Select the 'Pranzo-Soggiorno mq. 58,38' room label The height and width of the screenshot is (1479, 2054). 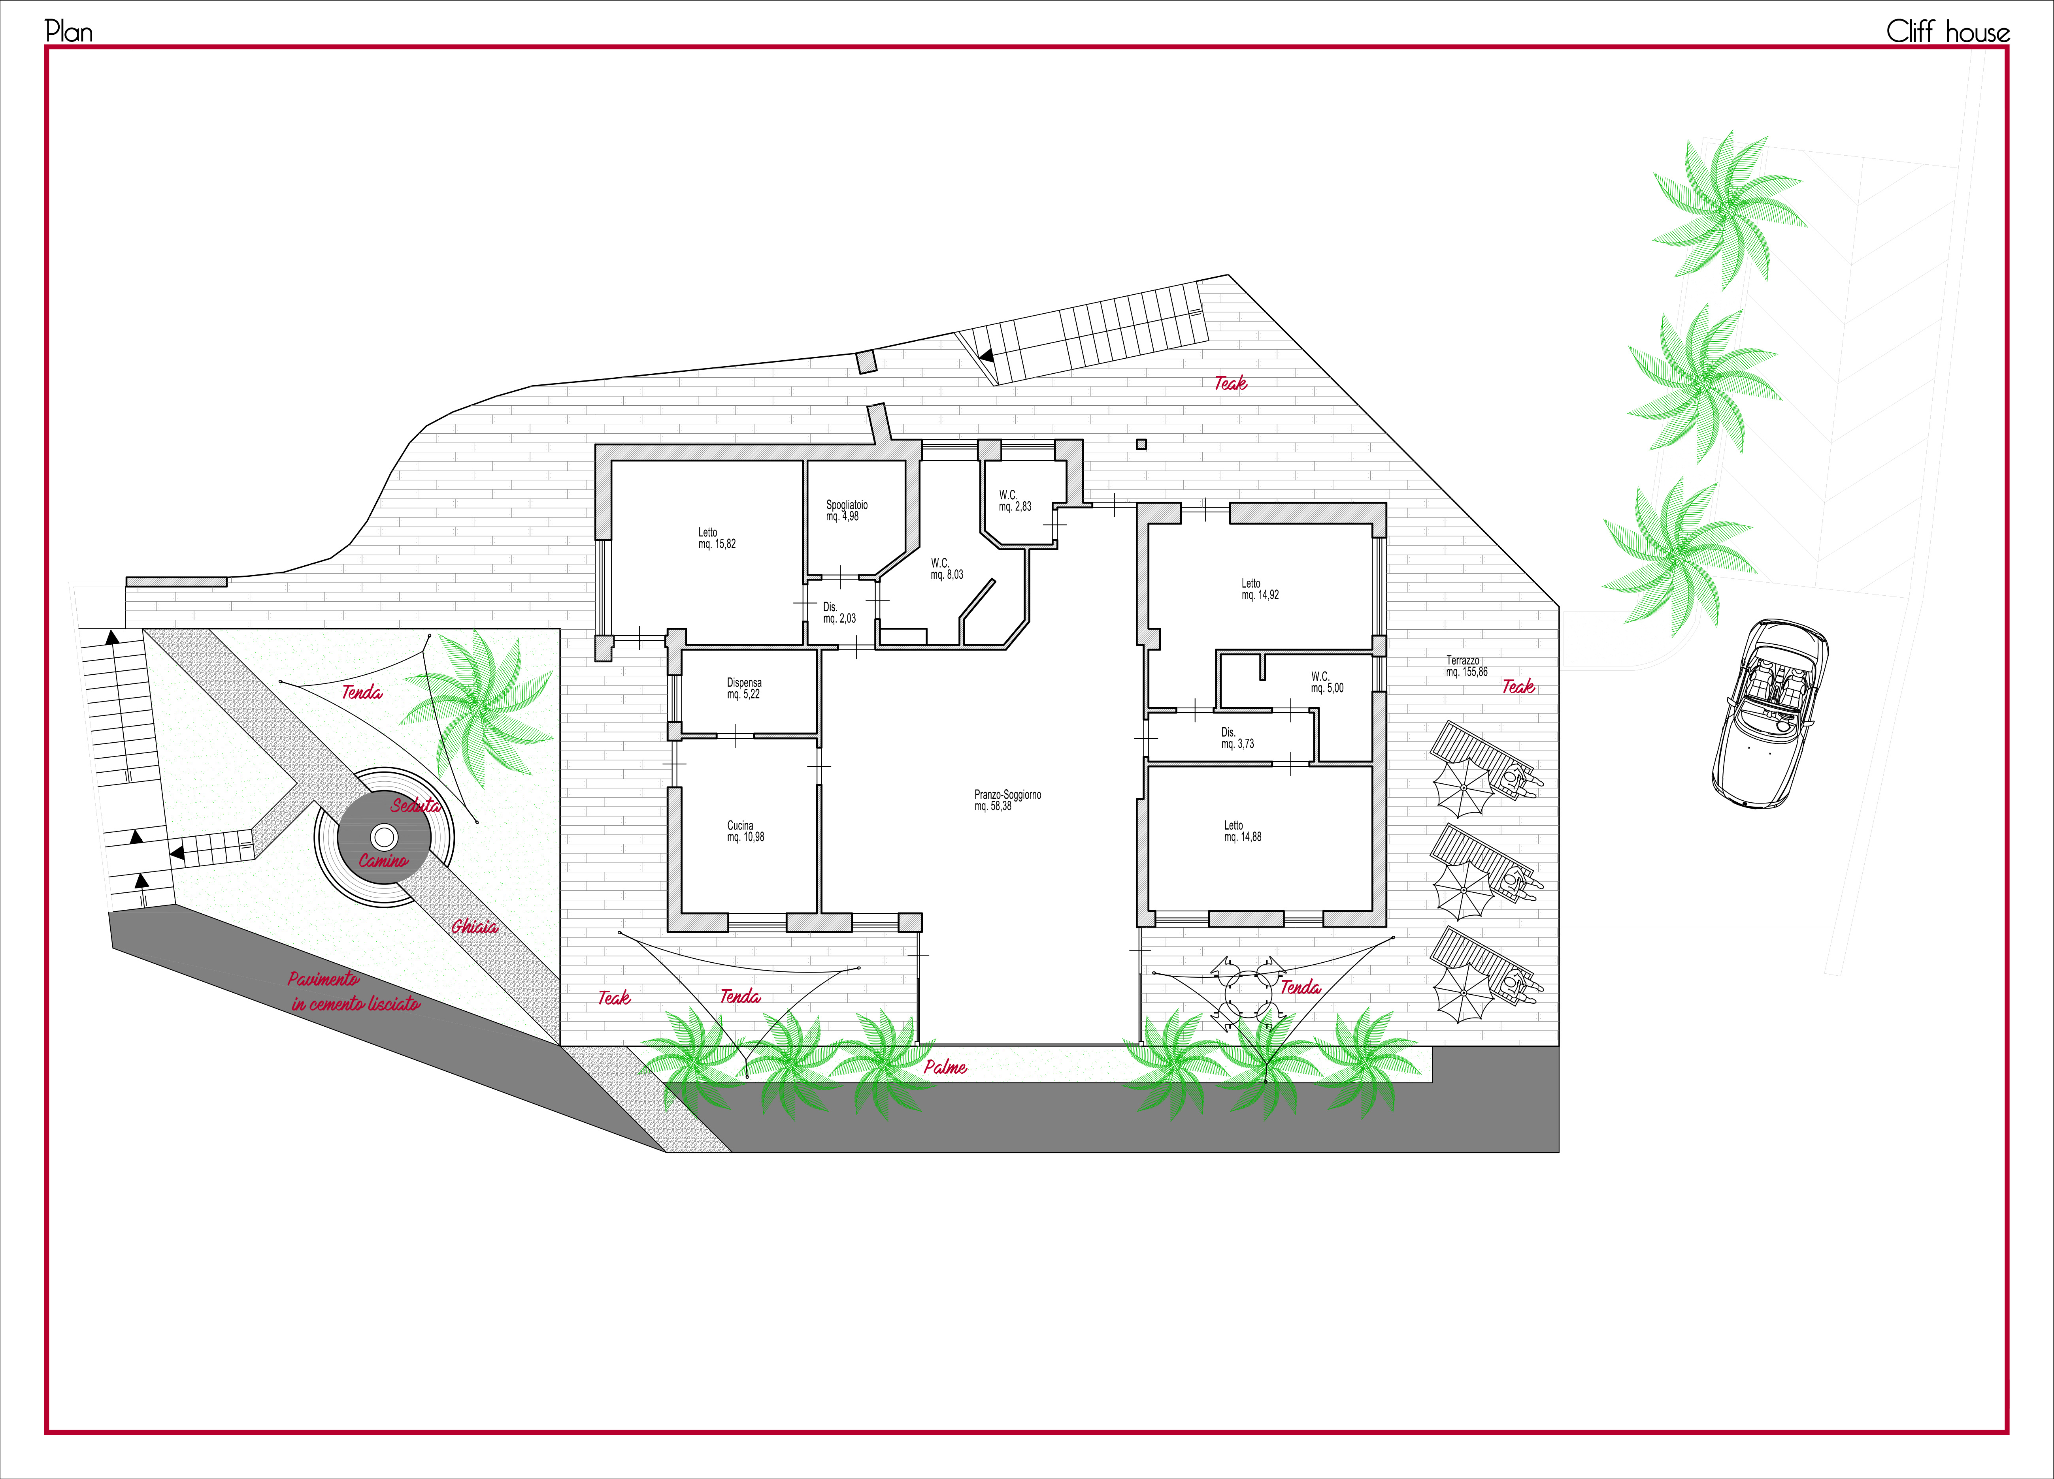pos(1007,800)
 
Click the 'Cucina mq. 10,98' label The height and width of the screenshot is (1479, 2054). pos(745,831)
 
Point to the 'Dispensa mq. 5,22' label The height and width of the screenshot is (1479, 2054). pos(743,688)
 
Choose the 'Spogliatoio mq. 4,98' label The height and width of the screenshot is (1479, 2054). pos(846,510)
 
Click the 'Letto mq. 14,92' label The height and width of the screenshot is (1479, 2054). pos(1260,589)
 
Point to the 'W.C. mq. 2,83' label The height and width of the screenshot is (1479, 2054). pos(1014,501)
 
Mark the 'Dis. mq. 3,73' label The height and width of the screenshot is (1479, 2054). pos(1237,738)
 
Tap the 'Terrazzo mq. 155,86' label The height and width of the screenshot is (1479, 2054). pos(1466,666)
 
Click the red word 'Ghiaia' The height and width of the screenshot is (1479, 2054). pos(475,926)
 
